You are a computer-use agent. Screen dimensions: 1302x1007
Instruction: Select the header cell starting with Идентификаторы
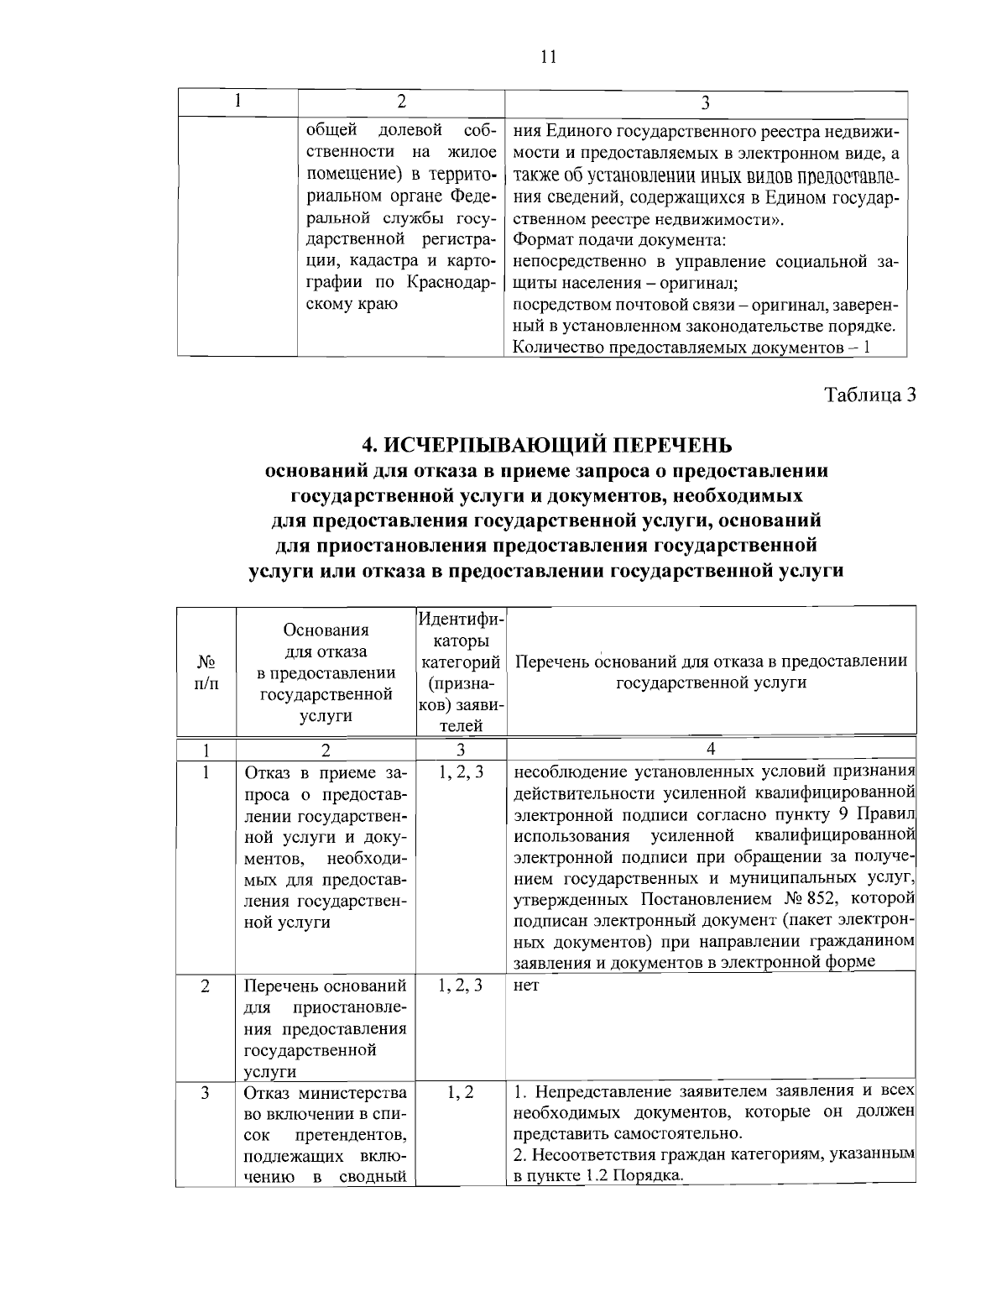[x=461, y=672]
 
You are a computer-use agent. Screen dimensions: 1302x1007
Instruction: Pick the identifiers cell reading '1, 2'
[x=461, y=1092]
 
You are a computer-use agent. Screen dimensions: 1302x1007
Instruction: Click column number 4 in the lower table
[x=711, y=749]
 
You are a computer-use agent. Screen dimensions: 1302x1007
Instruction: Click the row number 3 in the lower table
[x=206, y=1092]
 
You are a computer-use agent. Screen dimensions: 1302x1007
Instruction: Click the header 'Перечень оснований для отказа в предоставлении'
[x=711, y=661]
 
